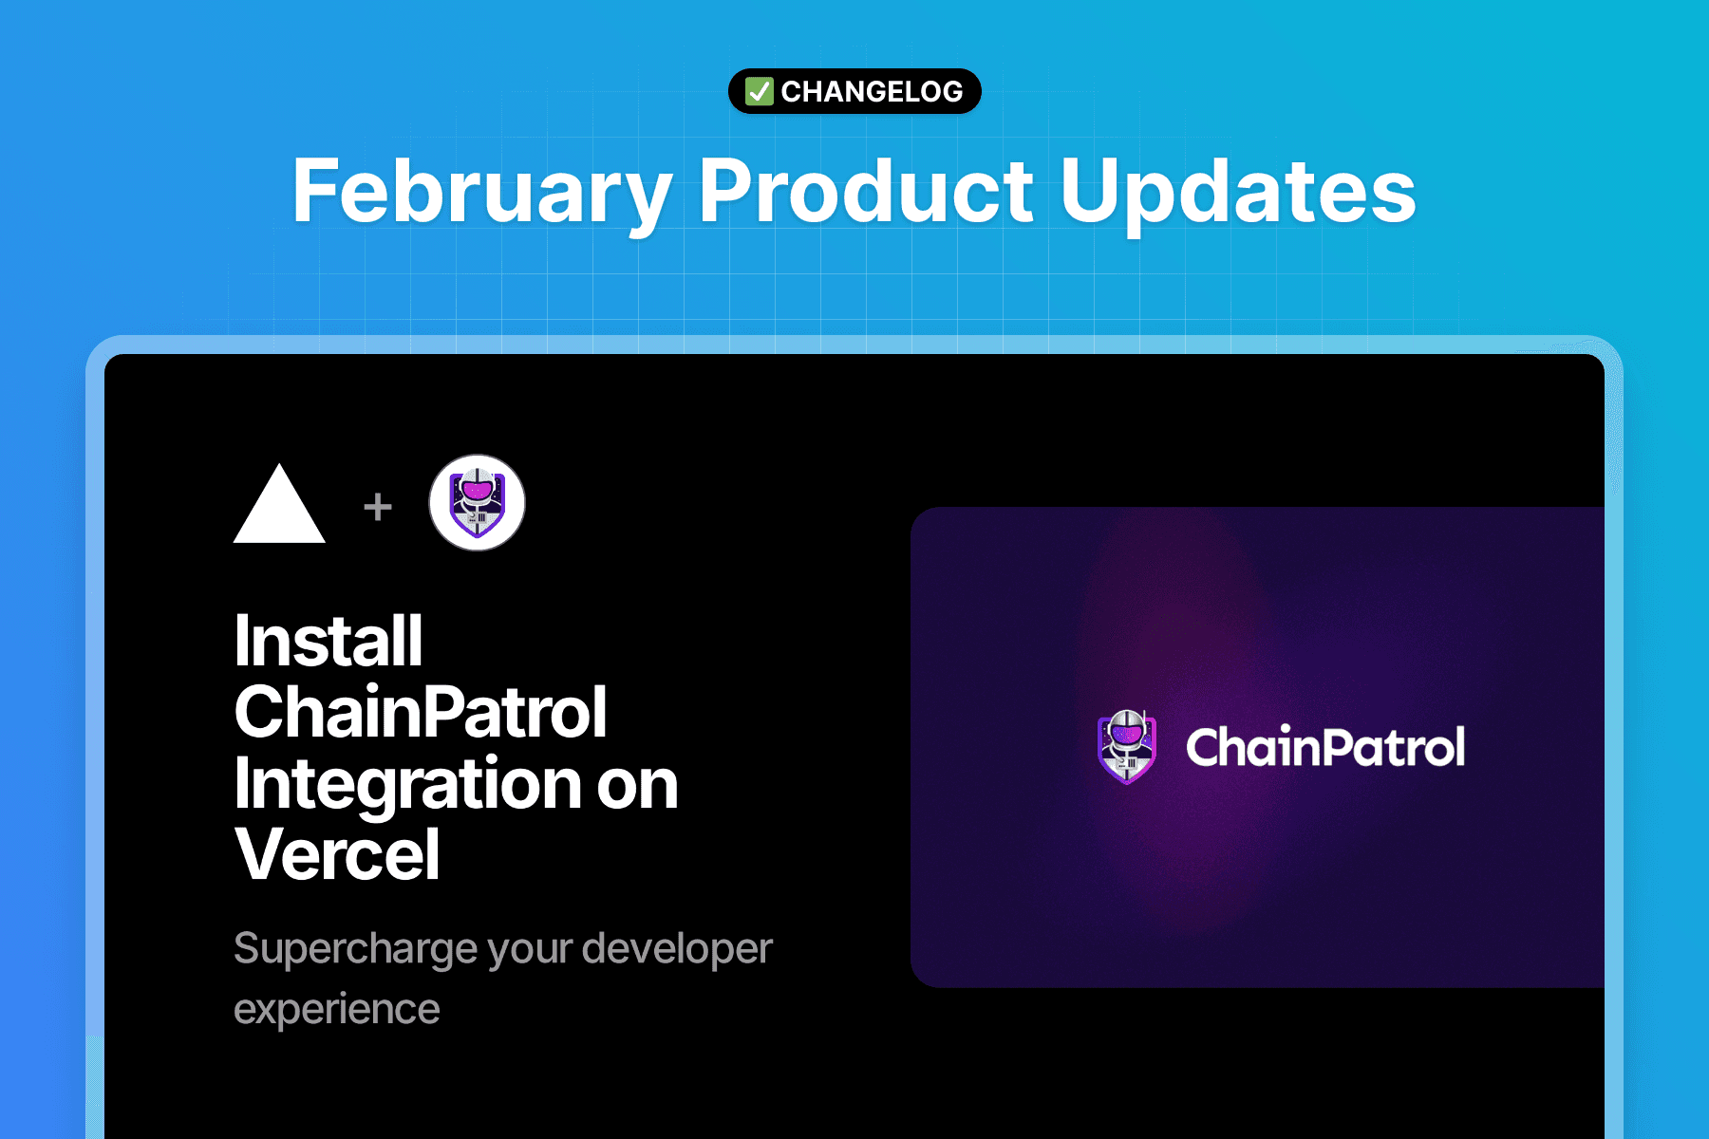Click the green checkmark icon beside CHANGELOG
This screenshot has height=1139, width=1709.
click(759, 91)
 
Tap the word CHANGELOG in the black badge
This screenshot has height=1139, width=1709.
click(872, 91)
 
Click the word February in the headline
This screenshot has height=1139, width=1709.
click(482, 192)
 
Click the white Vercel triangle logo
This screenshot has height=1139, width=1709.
click(279, 503)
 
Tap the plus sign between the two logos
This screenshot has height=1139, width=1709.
click(378, 507)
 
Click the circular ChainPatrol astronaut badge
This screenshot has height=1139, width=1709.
click(477, 503)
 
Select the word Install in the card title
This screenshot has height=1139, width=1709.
click(329, 641)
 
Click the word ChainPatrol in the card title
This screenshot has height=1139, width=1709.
click(421, 712)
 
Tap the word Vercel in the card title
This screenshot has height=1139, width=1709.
click(337, 854)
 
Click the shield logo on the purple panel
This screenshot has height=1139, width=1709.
click(1127, 747)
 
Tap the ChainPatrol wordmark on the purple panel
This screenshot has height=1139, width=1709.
click(1325, 747)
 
